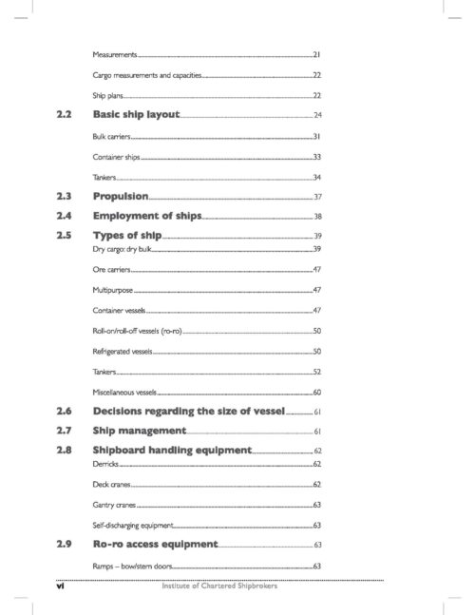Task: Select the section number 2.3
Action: tap(65, 196)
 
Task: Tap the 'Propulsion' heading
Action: tap(120, 196)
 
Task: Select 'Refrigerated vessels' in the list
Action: tap(123, 351)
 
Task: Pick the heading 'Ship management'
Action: tap(139, 431)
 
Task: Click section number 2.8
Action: tap(65, 450)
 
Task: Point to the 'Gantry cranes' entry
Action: tap(114, 504)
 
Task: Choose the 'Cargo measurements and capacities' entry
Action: tap(146, 75)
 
